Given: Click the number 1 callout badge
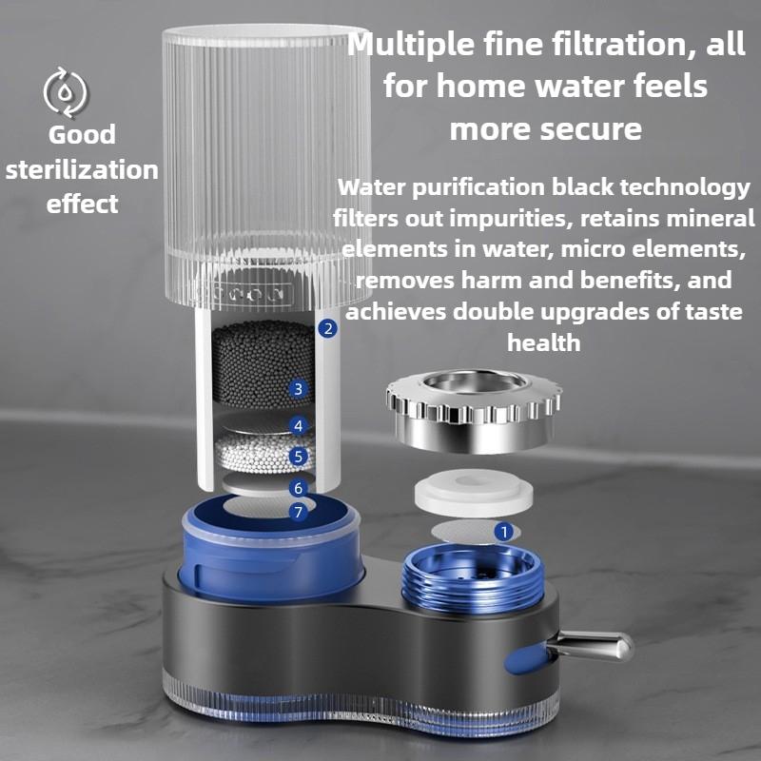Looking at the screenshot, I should (504, 532).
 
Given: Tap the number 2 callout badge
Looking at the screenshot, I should (328, 329).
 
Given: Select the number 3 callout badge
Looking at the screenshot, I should (299, 389).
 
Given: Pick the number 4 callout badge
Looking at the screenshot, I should (299, 425).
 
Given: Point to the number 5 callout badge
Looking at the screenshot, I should (299, 457).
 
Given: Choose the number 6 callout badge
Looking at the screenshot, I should (299, 488).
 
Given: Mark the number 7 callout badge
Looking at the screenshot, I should (299, 513).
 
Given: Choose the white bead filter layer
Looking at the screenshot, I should (252, 453).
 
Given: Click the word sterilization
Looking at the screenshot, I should (82, 169).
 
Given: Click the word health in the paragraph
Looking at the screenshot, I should (543, 342).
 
